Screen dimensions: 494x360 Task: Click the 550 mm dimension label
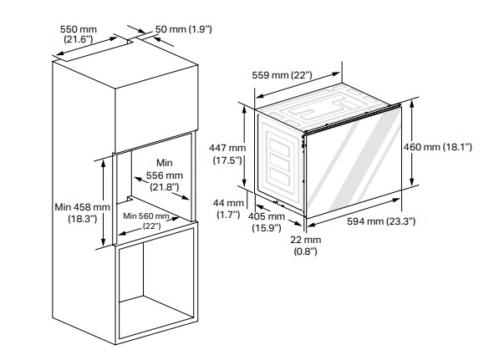78,34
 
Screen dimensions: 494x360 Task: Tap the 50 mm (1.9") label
183,29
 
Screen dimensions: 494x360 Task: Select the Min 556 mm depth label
164,175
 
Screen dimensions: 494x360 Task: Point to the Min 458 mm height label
82,213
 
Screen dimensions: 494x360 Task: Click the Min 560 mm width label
146,221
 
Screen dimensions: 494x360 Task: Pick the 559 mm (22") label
282,75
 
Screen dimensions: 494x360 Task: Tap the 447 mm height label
227,154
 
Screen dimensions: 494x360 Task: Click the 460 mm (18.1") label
438,147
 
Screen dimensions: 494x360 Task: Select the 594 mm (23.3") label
381,221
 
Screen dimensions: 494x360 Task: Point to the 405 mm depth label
266,222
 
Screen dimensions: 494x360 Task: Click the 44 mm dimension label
228,209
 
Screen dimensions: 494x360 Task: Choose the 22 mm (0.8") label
306,246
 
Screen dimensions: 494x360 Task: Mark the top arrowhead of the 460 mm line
412,104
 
